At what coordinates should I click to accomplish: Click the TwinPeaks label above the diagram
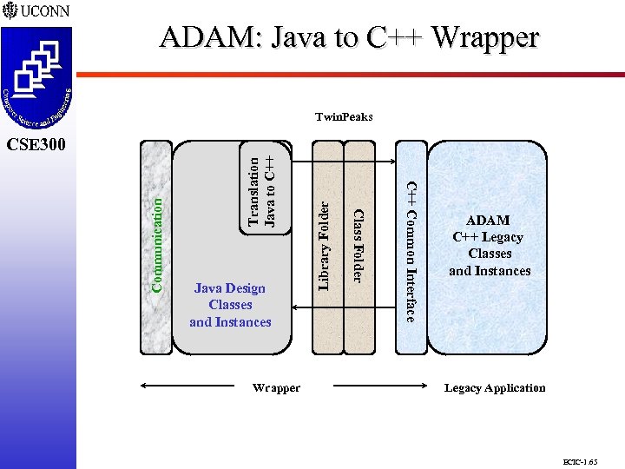[344, 116]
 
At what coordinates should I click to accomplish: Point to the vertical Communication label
[157, 243]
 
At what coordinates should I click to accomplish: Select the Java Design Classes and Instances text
[230, 305]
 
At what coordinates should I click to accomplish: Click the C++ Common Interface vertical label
[412, 250]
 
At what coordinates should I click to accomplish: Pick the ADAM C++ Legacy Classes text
[489, 246]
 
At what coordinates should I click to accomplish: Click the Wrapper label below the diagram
[276, 388]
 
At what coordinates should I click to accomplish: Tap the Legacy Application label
[495, 388]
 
